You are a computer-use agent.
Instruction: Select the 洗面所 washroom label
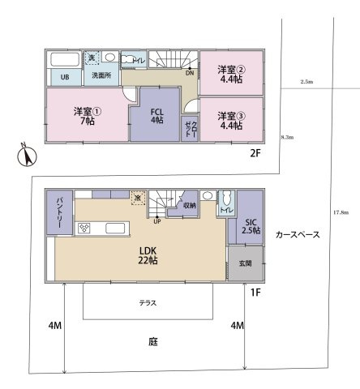tap(101, 76)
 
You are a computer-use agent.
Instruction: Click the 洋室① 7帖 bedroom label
tap(84, 115)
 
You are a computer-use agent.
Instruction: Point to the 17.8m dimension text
tap(341, 212)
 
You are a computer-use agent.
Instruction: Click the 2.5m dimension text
tap(306, 83)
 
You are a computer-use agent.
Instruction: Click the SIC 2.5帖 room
tap(251, 226)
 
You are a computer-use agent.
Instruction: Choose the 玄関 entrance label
tap(246, 263)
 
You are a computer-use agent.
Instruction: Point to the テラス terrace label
tap(148, 302)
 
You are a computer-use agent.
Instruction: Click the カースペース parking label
tap(298, 234)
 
